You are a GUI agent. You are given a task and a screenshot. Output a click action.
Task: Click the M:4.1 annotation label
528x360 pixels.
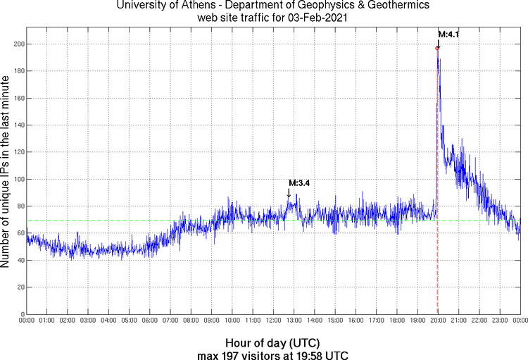(448, 34)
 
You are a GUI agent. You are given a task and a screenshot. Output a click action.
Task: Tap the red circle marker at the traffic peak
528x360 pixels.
(437, 48)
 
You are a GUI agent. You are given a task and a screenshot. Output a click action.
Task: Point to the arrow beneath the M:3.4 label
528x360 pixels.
(289, 194)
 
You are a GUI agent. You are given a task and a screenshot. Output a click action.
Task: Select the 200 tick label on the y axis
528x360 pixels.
(18, 44)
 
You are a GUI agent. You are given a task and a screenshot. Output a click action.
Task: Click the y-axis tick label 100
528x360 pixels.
(18, 180)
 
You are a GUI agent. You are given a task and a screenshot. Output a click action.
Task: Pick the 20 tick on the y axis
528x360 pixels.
(20, 287)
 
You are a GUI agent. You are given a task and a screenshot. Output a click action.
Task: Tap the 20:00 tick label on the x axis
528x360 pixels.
(438, 321)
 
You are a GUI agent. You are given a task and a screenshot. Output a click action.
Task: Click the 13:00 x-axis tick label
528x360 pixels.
(294, 321)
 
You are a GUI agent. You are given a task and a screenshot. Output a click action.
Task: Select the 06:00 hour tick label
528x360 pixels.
(150, 321)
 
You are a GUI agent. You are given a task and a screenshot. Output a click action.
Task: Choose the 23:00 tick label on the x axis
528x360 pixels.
(500, 321)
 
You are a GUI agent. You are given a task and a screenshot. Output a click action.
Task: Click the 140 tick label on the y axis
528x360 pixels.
(18, 125)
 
